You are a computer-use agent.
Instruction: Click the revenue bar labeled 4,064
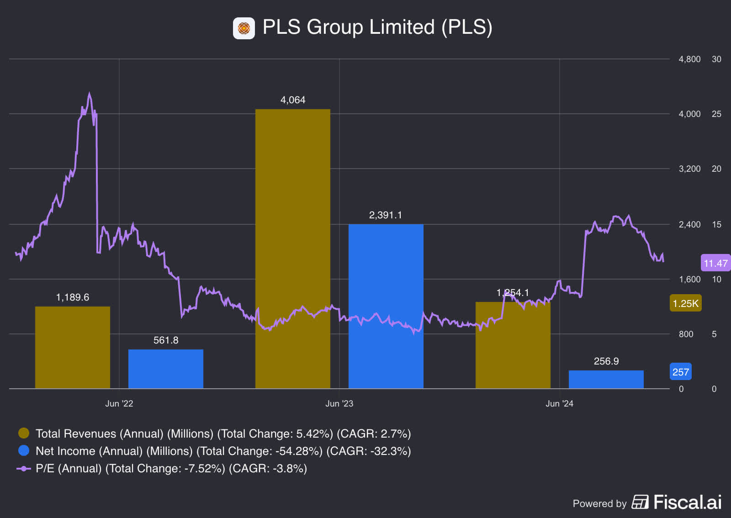(x=292, y=249)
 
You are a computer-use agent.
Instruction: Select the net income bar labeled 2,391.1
(x=386, y=306)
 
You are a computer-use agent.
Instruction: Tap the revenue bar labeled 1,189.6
(x=72, y=347)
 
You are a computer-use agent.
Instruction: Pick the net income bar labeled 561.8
(x=165, y=369)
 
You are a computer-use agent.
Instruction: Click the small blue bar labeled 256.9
(x=606, y=379)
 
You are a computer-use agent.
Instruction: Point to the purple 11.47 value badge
(x=715, y=263)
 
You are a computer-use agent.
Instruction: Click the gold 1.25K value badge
(x=685, y=303)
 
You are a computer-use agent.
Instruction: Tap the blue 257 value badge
(x=680, y=372)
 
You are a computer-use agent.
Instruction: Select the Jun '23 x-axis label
(x=339, y=403)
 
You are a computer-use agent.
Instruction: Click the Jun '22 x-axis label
(x=119, y=403)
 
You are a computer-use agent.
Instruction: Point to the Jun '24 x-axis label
(x=559, y=403)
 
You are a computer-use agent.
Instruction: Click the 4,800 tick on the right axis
(x=689, y=59)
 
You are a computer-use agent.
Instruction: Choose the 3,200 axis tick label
(x=689, y=169)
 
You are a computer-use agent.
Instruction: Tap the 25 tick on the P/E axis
(x=716, y=114)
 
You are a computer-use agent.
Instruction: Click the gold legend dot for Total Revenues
(x=24, y=433)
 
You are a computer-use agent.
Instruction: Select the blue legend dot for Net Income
(x=24, y=450)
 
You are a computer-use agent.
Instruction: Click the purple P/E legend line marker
(x=24, y=468)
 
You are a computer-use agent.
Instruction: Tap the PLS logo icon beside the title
(x=244, y=28)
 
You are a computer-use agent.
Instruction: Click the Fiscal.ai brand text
(x=687, y=502)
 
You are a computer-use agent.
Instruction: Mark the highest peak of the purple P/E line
(x=90, y=94)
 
